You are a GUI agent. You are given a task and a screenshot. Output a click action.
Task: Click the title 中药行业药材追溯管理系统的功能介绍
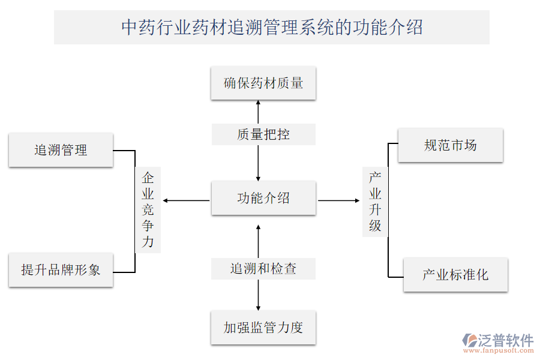point(271,27)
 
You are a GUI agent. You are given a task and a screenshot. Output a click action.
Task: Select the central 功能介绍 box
point(263,198)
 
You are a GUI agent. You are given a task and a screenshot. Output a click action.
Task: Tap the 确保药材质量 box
point(263,83)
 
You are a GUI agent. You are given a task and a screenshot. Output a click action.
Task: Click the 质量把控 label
point(263,134)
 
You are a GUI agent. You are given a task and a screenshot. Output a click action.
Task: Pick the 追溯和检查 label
point(263,268)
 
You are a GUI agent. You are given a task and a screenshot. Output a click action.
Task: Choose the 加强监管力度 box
point(263,328)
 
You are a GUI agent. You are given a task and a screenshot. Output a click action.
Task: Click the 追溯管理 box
point(61,150)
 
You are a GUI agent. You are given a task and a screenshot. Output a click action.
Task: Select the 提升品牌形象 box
point(61,270)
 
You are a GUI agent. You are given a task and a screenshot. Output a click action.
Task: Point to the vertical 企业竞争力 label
point(148,209)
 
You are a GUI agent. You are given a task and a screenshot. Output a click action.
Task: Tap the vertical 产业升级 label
point(375,202)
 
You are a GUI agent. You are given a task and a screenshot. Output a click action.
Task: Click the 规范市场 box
point(450,145)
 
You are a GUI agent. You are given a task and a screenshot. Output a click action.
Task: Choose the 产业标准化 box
point(455,275)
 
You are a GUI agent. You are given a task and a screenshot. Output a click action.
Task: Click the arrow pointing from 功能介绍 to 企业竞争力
point(186,200)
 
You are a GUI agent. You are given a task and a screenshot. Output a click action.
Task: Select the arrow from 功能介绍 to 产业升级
point(340,200)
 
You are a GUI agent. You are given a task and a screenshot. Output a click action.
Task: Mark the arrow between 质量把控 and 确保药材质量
point(259,112)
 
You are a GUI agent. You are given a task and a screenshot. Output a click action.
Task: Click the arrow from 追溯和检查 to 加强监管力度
point(259,295)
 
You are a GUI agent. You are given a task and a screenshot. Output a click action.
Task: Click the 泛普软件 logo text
point(505,340)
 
